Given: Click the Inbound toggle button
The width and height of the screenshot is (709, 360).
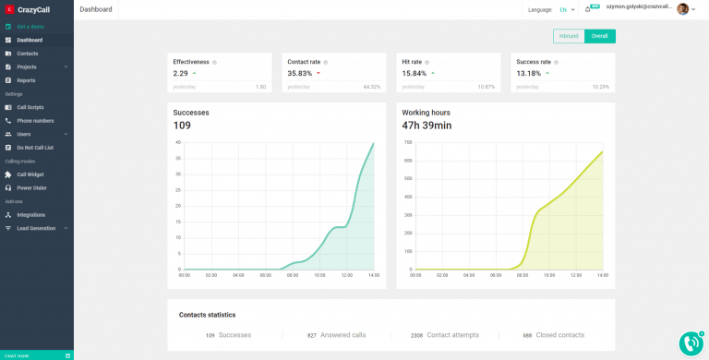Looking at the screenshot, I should [569, 36].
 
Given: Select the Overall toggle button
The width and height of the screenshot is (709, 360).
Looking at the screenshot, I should [599, 36].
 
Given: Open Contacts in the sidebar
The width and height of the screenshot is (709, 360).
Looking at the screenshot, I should [28, 54].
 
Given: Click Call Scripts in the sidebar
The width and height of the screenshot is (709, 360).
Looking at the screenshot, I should [30, 107].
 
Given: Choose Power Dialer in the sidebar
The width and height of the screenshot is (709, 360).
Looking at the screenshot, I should [31, 187].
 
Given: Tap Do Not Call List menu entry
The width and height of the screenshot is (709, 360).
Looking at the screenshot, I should [35, 147].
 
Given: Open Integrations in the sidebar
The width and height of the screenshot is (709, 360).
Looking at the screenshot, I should [30, 214].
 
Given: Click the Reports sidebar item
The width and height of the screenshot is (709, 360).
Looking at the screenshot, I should [26, 80].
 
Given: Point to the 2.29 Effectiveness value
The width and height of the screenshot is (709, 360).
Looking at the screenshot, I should [180, 73].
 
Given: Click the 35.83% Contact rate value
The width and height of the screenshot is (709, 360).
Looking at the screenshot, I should [299, 73].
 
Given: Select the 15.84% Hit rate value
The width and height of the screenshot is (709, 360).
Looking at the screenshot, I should [414, 73].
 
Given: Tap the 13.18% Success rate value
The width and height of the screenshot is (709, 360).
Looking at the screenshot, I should [528, 73].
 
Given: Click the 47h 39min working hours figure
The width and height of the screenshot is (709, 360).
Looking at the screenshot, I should [427, 126].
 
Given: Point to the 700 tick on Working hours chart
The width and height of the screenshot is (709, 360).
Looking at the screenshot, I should [408, 142].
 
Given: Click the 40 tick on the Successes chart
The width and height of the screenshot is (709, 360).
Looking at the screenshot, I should [178, 142].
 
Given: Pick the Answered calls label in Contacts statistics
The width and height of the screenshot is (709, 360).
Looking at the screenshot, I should [342, 335].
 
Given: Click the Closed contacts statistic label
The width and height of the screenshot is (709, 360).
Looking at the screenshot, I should [560, 335].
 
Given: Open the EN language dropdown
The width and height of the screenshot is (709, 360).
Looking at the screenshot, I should [566, 9].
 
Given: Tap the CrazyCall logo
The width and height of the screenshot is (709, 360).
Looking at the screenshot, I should [30, 9].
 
